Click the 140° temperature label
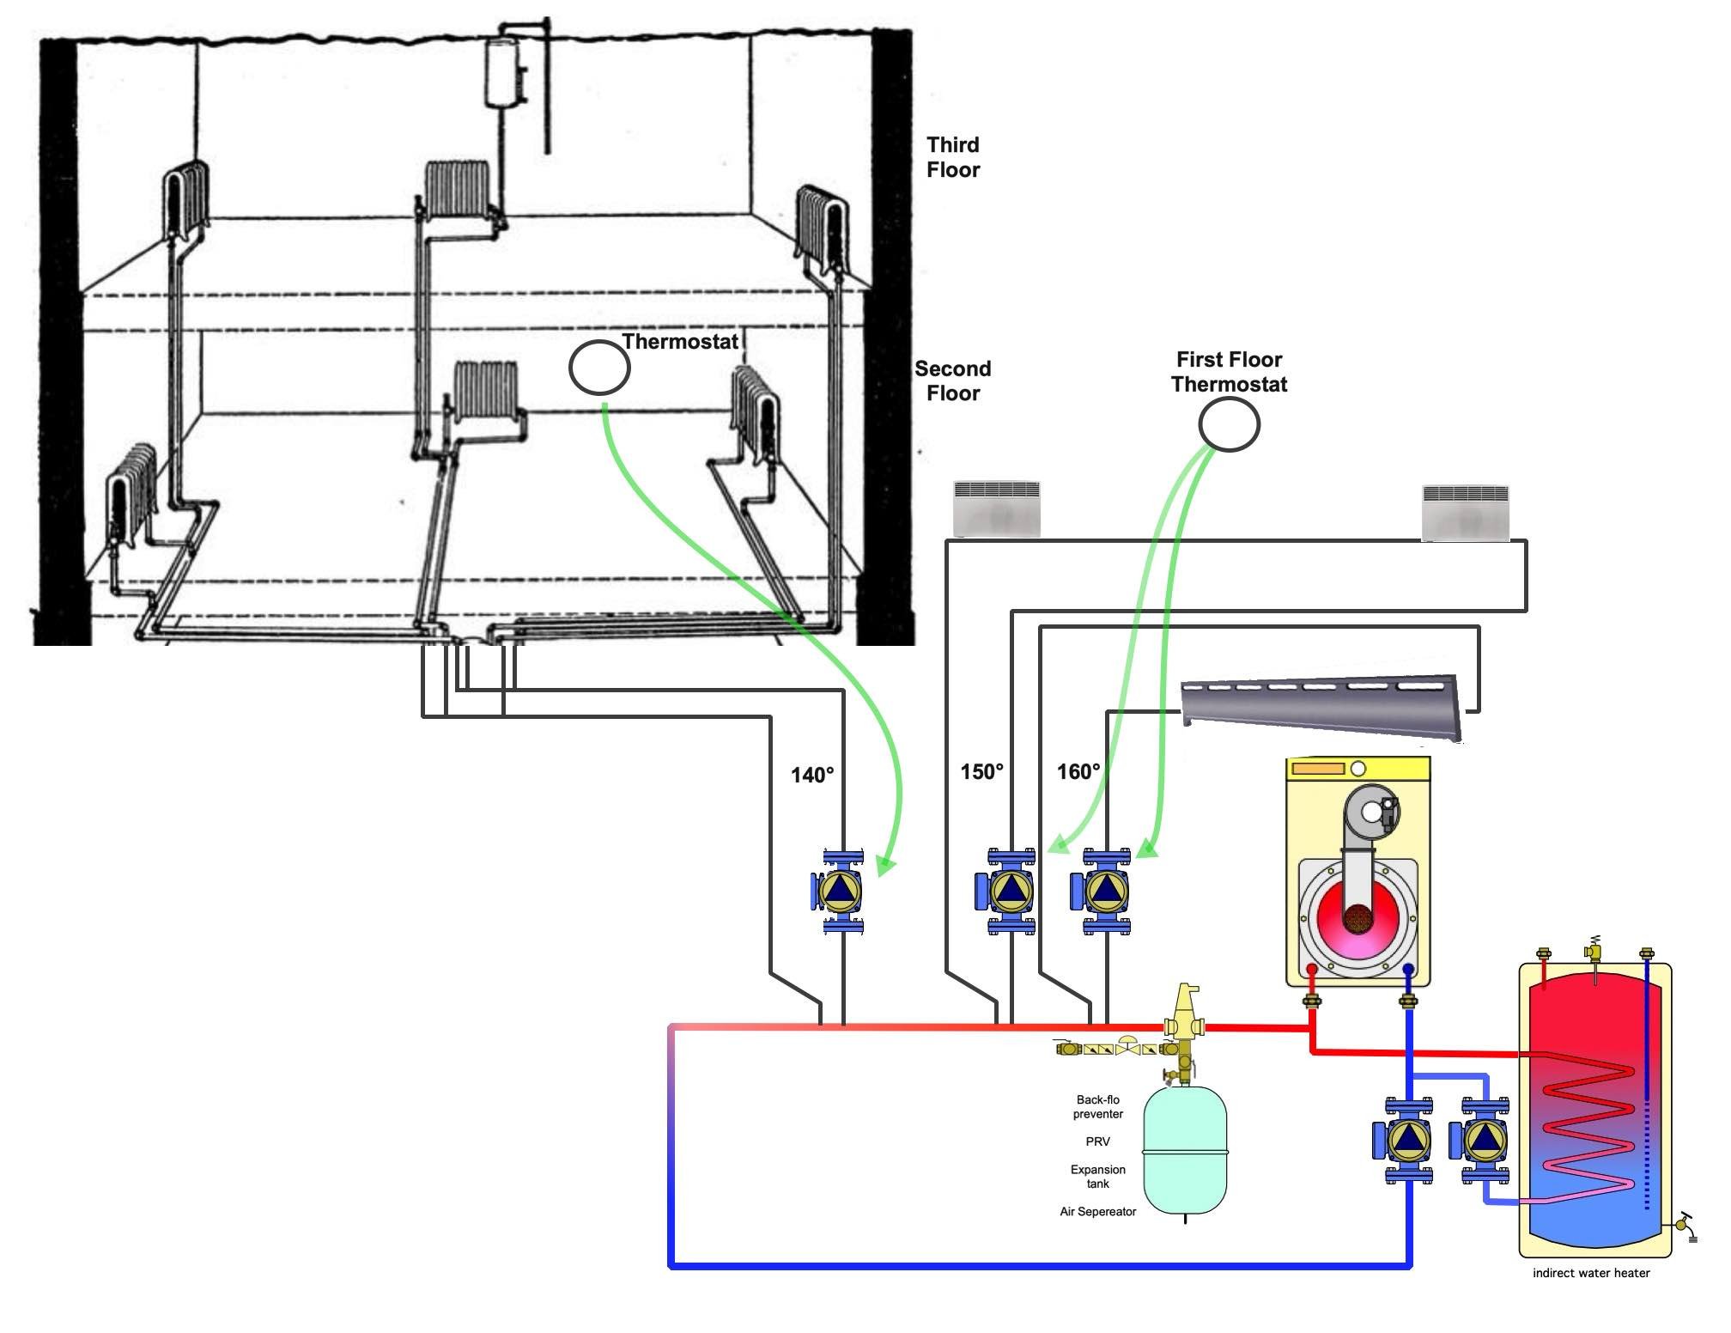811,776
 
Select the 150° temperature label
981,772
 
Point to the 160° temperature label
1078,772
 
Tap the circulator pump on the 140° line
838,891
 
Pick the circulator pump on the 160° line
1102,892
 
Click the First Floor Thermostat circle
1229,424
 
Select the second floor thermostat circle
599,368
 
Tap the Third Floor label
953,157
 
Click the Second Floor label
953,381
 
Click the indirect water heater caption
1591,1273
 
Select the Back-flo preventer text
1098,1106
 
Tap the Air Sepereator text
1098,1212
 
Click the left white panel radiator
997,508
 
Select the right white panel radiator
1465,513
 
